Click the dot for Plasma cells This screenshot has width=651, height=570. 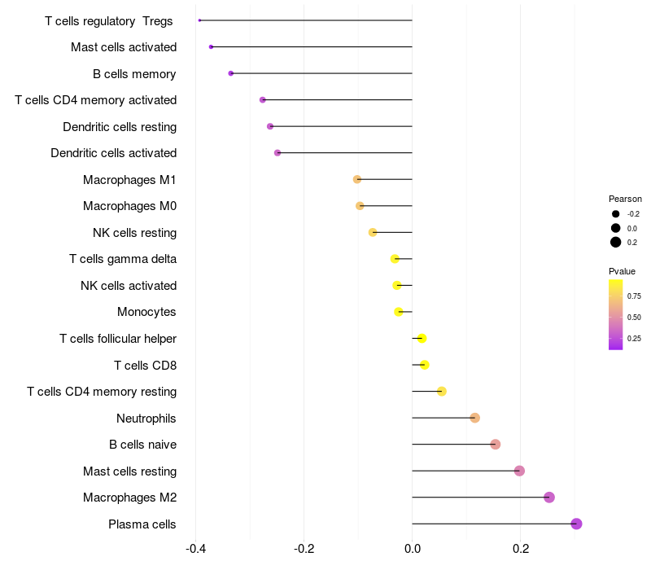point(576,524)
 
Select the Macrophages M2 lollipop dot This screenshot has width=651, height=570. point(549,498)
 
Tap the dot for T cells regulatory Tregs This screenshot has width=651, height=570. point(199,20)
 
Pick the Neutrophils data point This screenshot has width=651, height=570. point(474,418)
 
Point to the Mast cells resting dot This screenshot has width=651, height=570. point(519,471)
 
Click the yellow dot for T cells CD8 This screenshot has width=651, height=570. point(424,365)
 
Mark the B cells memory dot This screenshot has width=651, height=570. point(231,73)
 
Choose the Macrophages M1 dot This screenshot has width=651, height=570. point(357,179)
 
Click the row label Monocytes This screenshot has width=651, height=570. point(146,312)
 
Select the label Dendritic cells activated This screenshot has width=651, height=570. point(113,153)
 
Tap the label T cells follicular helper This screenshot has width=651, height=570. point(118,339)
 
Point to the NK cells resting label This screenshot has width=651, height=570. point(134,233)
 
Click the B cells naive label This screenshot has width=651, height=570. point(142,445)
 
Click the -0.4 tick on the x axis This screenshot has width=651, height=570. point(195,548)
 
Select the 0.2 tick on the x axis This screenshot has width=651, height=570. point(521,548)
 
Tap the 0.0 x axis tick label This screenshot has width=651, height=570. point(413,548)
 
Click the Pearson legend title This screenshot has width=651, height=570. point(625,199)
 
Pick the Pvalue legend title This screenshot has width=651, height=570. point(622,271)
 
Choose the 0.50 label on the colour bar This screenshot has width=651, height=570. point(634,317)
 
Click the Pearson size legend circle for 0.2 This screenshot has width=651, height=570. point(616,242)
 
